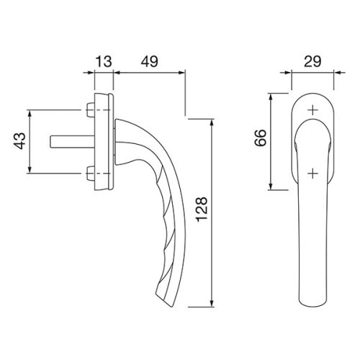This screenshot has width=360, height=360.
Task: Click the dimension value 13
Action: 104,61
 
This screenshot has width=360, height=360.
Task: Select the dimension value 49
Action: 149,61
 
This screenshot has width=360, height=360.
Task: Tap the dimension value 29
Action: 312,61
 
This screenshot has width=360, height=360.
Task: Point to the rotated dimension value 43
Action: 19,141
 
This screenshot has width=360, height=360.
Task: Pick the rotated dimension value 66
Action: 261,138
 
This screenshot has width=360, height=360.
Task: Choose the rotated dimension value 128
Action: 202,210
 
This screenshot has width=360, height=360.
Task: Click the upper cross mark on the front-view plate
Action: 312,110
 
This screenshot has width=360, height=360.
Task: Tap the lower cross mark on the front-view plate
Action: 312,173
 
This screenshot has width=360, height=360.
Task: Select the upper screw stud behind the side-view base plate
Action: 91,110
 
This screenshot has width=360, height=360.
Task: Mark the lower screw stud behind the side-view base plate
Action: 91,174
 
